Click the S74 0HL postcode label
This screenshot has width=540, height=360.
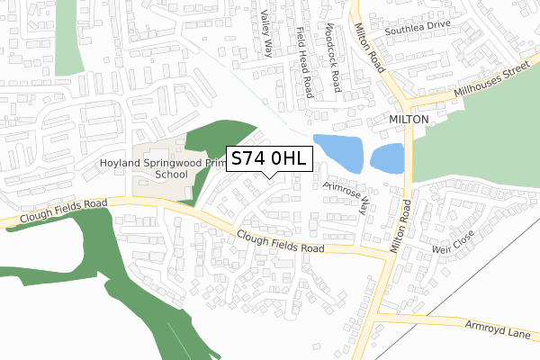click(270, 158)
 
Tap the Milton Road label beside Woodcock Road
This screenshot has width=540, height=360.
click(372, 49)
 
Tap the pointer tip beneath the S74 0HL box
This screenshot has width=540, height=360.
click(270, 177)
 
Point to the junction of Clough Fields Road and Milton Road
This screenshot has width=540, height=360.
click(390, 256)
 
